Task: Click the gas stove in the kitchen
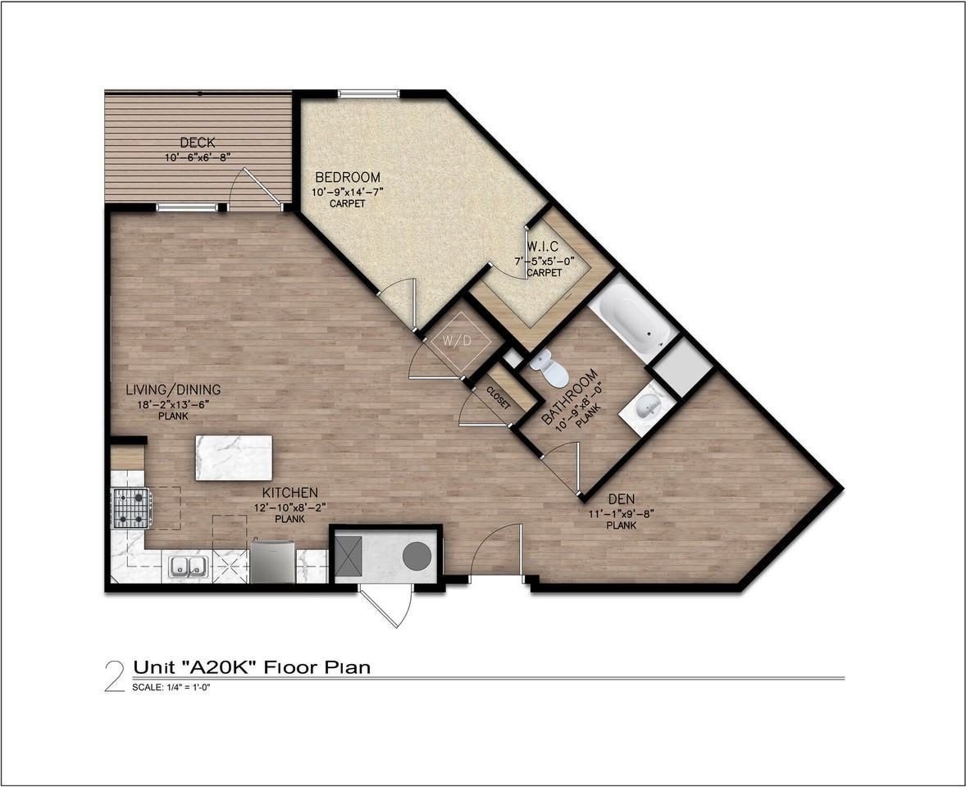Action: [130, 508]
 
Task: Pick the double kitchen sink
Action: [187, 566]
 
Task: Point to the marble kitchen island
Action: [234, 457]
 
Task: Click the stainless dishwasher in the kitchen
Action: [273, 561]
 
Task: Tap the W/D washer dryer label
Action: [457, 340]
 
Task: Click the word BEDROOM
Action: [348, 177]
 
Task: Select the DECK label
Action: [198, 143]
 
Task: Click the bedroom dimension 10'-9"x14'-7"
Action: [348, 192]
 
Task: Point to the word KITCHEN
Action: [290, 493]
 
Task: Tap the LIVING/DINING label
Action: [173, 389]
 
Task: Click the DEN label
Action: [622, 498]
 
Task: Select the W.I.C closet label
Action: [542, 247]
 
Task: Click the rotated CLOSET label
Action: [499, 398]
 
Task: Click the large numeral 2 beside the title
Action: [115, 676]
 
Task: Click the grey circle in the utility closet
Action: [417, 556]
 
